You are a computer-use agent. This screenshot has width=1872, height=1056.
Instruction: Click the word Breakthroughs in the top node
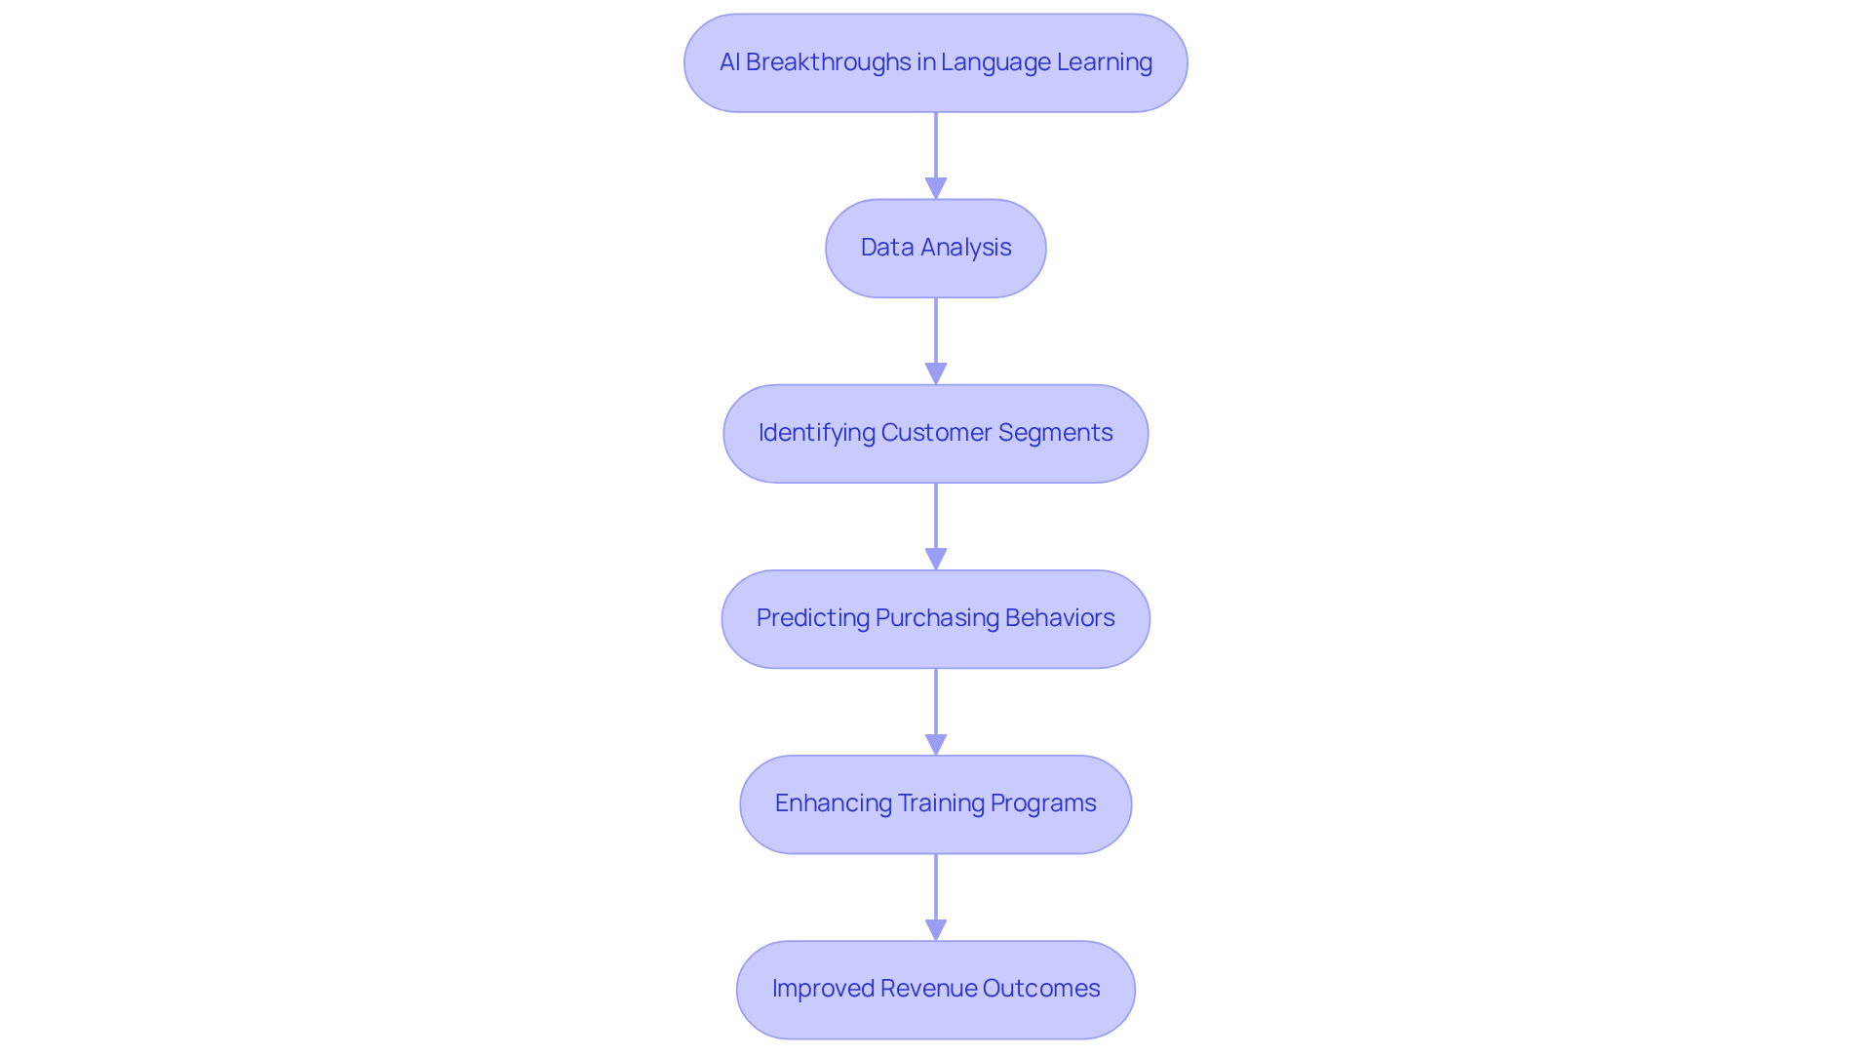(x=814, y=62)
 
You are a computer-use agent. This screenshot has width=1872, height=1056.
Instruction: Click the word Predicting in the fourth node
(x=812, y=618)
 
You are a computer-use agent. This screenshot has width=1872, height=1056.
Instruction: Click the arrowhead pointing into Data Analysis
(x=936, y=187)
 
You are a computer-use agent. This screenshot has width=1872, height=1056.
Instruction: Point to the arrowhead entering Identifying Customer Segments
(x=936, y=372)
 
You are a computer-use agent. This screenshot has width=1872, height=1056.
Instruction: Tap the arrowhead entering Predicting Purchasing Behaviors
(x=936, y=558)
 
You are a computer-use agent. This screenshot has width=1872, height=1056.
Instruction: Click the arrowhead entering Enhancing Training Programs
(x=936, y=743)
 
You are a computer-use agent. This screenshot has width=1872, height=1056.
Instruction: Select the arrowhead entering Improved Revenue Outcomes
(x=936, y=928)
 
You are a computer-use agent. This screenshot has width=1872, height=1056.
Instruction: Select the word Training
(x=941, y=803)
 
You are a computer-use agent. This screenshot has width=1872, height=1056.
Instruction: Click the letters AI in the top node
(x=729, y=62)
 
